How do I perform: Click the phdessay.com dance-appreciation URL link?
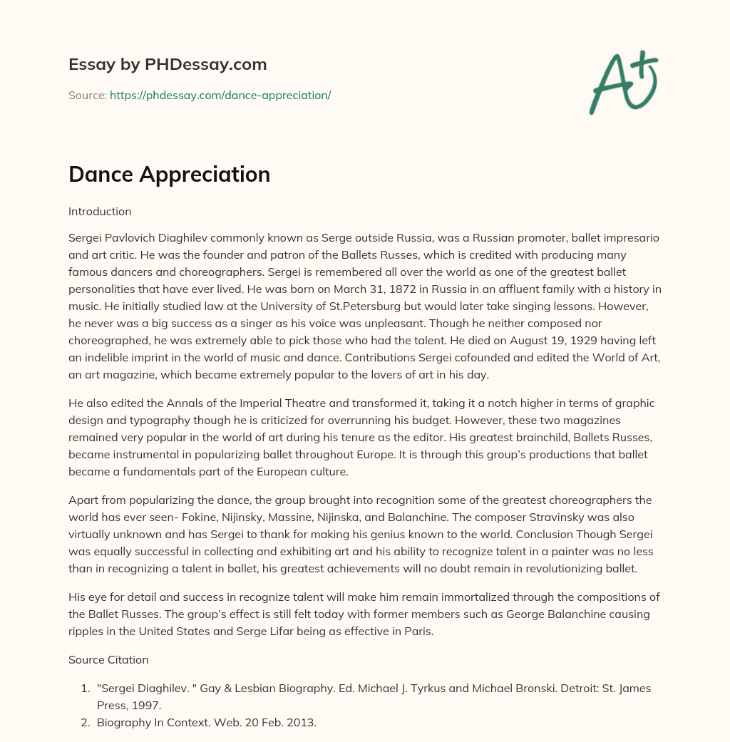point(220,95)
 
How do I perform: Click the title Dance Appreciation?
point(169,174)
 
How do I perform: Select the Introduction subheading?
point(100,211)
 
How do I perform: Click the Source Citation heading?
point(108,660)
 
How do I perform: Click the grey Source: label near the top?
point(87,95)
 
